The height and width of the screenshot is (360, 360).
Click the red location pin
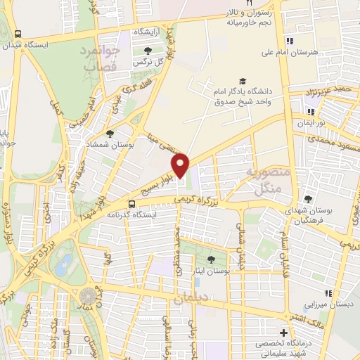point(180,165)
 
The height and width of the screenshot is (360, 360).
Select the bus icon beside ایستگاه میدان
point(18,33)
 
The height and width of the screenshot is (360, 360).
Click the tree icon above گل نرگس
point(148,50)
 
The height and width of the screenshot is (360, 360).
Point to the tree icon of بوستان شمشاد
point(110,133)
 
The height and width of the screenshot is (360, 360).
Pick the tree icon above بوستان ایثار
point(212,260)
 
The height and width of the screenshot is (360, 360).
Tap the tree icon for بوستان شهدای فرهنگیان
point(307,200)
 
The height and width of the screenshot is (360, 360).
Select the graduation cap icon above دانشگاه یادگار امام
point(243,82)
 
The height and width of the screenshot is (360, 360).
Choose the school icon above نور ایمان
point(310,112)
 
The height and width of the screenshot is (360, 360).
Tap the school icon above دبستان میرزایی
point(326,292)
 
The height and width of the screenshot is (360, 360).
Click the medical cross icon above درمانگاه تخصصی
point(283,332)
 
